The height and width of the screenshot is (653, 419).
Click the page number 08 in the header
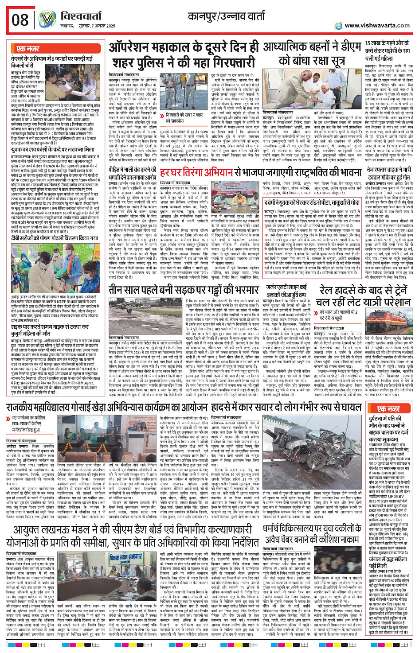pyautogui.click(x=20, y=20)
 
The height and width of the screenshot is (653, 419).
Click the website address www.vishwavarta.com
pyautogui.click(x=377, y=26)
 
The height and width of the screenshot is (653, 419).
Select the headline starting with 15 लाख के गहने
pyautogui.click(x=387, y=51)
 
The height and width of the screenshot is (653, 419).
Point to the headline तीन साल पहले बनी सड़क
pyautogui.click(x=184, y=290)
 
